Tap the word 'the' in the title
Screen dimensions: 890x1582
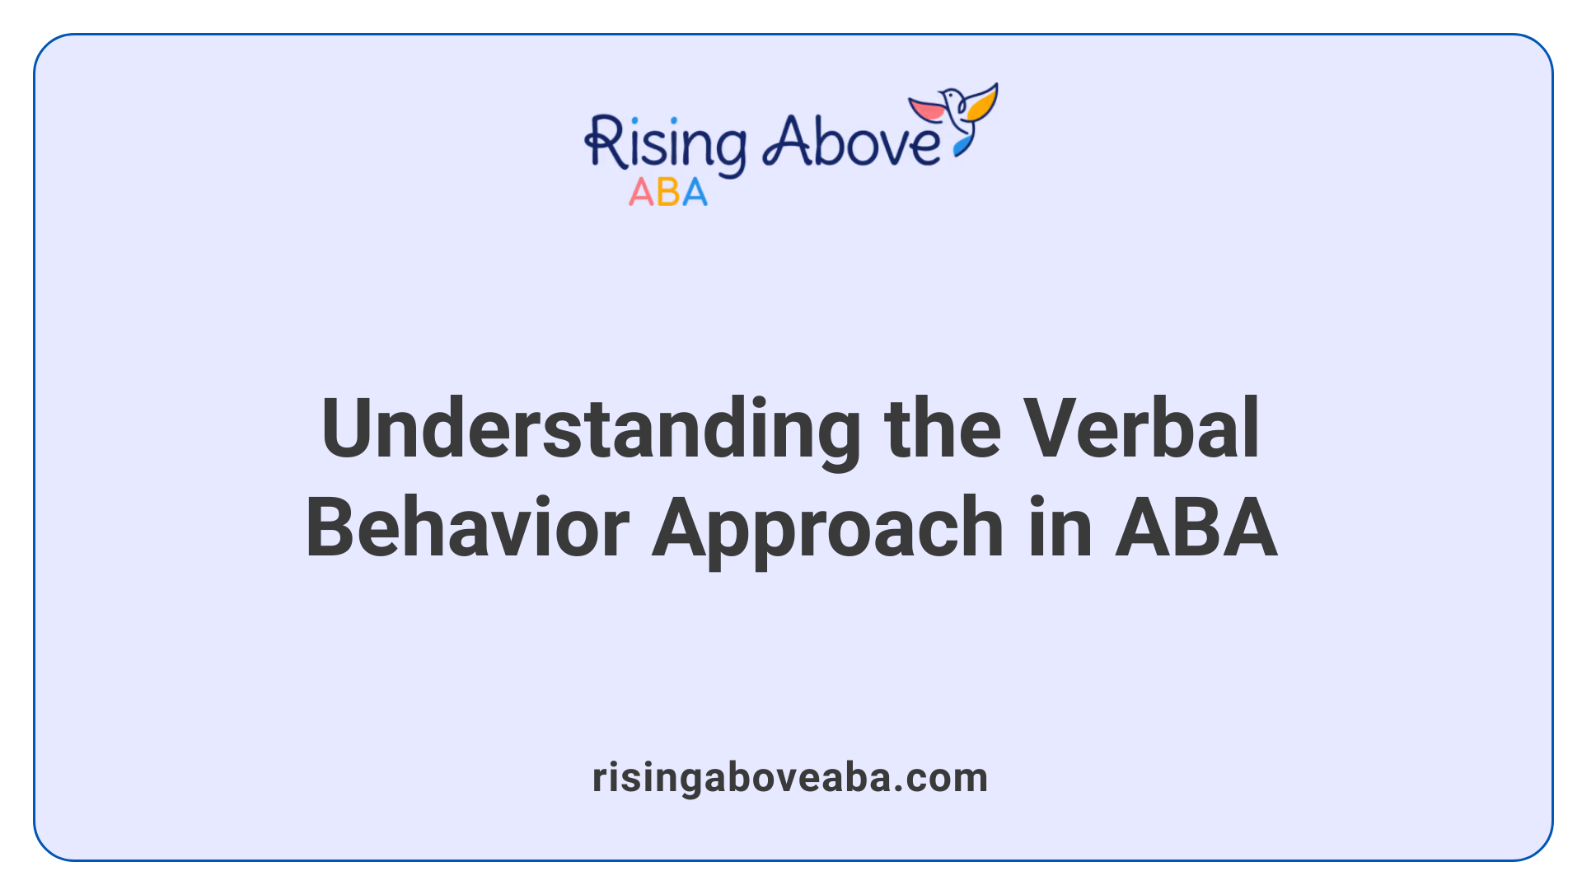click(x=942, y=429)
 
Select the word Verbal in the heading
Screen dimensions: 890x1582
click(x=1141, y=429)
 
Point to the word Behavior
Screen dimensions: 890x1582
click(x=467, y=527)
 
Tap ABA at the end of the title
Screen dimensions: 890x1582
click(x=1196, y=527)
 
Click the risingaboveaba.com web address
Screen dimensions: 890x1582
click(x=789, y=778)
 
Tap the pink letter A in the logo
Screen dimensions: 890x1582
click(x=640, y=193)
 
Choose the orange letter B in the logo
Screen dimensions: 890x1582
click(x=668, y=193)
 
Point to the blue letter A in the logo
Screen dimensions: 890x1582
click(x=694, y=193)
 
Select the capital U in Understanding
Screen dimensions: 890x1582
click(x=346, y=429)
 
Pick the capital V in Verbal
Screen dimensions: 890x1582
click(x=1049, y=429)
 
